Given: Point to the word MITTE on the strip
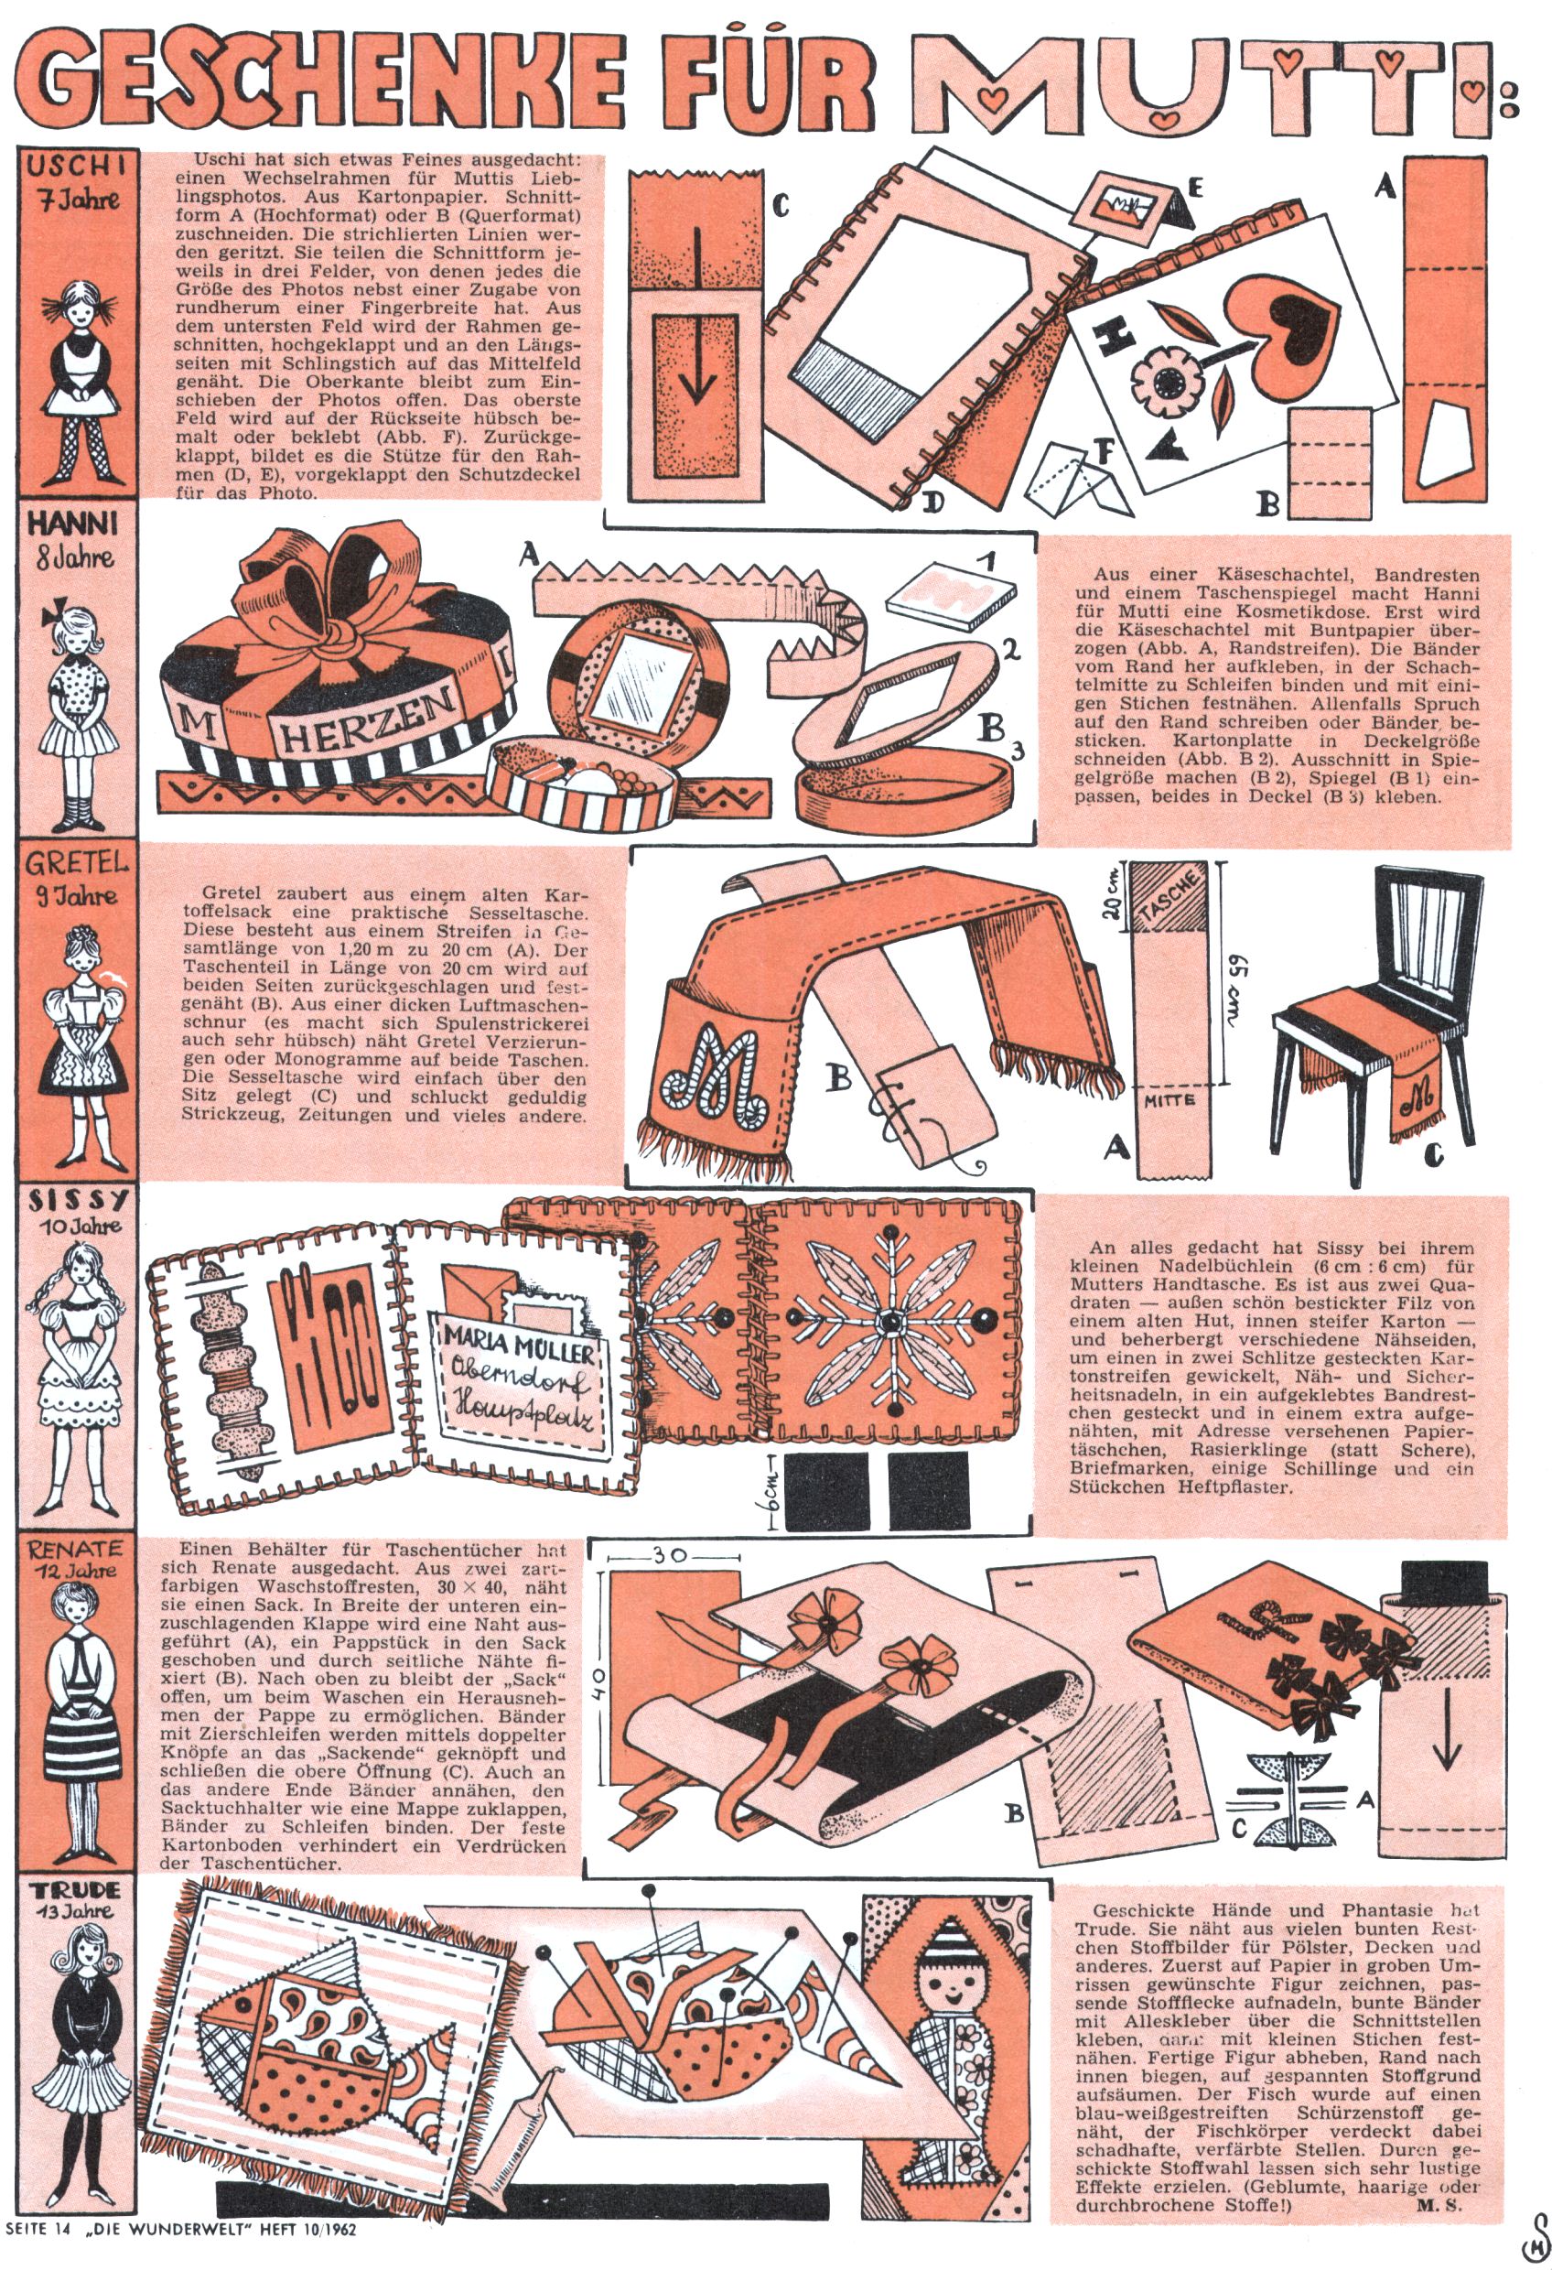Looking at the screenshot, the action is (x=1170, y=1100).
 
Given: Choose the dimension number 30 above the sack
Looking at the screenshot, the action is (x=670, y=1554).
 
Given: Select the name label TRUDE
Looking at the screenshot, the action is (x=75, y=1889).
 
